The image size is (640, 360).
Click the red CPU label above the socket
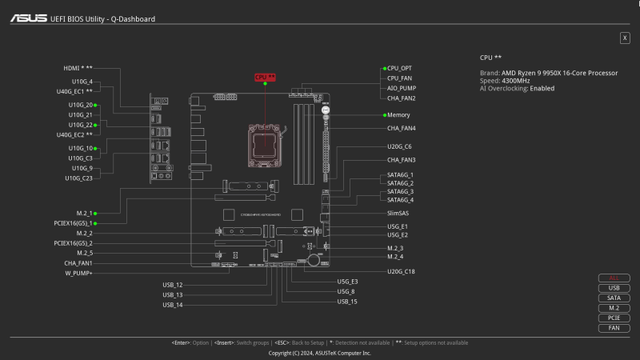(x=265, y=77)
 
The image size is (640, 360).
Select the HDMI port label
(x=78, y=68)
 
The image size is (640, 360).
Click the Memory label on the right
(x=398, y=115)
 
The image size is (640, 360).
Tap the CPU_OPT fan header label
(x=400, y=69)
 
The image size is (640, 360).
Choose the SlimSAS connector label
(x=398, y=214)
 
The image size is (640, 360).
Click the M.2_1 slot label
(x=85, y=214)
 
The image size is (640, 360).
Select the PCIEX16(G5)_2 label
(x=73, y=243)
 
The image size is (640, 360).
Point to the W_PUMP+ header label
(x=78, y=273)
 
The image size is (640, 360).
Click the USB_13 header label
(x=173, y=294)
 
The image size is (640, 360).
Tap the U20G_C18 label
(x=401, y=272)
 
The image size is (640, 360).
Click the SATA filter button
(x=614, y=298)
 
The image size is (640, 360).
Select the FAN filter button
(x=614, y=328)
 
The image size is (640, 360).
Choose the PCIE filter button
(x=614, y=318)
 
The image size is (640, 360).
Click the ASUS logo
(x=28, y=18)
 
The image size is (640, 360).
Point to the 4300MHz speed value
(x=515, y=81)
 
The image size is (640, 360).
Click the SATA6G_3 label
(x=400, y=191)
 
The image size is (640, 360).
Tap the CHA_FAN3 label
(x=402, y=160)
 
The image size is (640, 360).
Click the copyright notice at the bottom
(x=320, y=353)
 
